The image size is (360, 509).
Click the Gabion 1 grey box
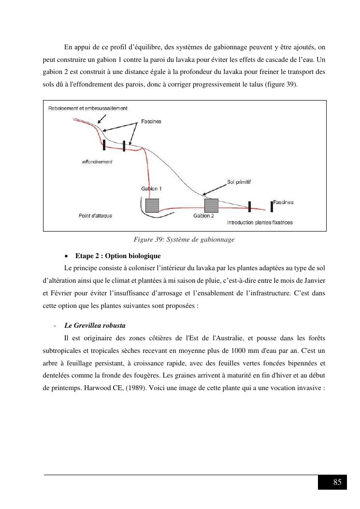click(x=152, y=205)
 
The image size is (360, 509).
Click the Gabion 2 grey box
click(x=211, y=205)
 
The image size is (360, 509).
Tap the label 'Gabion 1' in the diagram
click(x=151, y=189)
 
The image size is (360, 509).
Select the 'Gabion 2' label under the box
click(x=203, y=216)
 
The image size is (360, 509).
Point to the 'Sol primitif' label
click(x=239, y=182)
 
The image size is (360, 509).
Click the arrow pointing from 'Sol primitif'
click(x=214, y=190)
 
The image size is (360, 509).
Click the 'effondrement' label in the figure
click(x=97, y=161)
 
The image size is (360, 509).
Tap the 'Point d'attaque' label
click(x=96, y=216)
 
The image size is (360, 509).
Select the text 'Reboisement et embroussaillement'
click(x=87, y=108)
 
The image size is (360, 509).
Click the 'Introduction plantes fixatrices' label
click(x=259, y=222)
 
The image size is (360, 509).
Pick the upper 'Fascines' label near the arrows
click(x=151, y=121)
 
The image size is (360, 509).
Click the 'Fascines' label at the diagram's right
click(x=283, y=202)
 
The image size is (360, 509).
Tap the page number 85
click(x=337, y=482)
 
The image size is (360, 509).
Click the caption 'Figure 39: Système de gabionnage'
click(x=184, y=240)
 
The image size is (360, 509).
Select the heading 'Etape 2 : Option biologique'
click(x=118, y=256)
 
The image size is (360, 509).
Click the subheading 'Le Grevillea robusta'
click(x=95, y=326)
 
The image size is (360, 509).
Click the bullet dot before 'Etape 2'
click(x=67, y=256)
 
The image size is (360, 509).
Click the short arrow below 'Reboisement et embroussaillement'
click(x=101, y=119)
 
